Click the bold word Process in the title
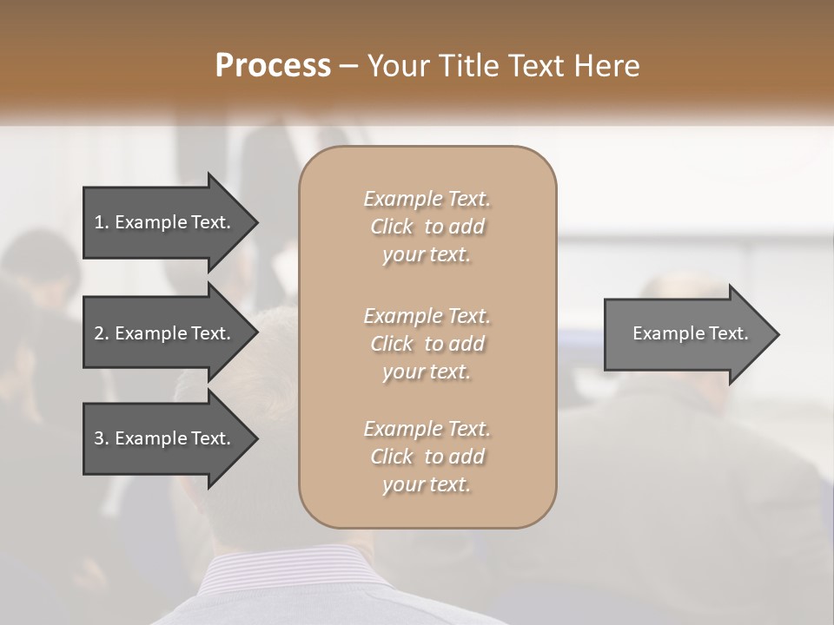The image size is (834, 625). coord(273,66)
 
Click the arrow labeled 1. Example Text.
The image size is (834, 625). coord(165,222)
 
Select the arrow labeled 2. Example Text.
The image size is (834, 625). coord(165,333)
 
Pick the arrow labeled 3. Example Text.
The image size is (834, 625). coord(165,438)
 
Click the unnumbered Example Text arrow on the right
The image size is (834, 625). coord(686,333)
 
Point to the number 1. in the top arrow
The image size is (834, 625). coord(101,222)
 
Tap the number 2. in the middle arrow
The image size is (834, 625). coord(101,333)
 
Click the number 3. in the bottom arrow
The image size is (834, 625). coord(101,438)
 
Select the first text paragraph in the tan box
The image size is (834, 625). coord(427,227)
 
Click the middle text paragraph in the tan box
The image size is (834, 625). coord(427,344)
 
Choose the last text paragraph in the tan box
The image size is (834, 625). coord(427,457)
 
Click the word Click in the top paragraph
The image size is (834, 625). coord(392,227)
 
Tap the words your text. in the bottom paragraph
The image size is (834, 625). coord(427,484)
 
